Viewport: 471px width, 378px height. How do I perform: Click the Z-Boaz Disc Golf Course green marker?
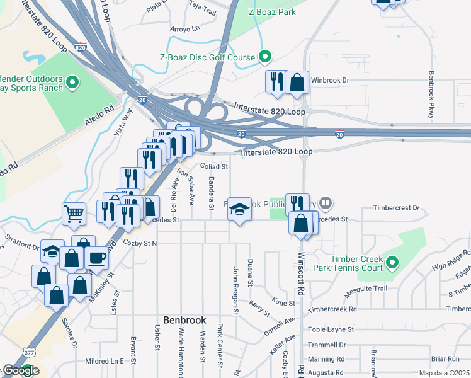pos(265,57)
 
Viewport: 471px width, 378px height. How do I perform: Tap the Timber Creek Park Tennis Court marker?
pos(392,261)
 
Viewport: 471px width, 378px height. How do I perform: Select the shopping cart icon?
pos(74,214)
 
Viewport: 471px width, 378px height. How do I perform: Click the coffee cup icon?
pos(96,257)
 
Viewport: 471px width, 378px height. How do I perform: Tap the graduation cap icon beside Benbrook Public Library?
pos(239,209)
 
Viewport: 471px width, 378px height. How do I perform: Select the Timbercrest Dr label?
pos(395,207)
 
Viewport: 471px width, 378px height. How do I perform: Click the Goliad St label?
pos(214,166)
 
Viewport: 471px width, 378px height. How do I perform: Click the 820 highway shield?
pos(80,47)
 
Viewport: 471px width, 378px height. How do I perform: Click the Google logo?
pos(20,370)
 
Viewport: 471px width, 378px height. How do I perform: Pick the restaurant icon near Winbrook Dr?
pos(276,81)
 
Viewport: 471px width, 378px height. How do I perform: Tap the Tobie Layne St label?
pos(331,329)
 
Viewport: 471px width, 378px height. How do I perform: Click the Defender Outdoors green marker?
pos(72,83)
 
